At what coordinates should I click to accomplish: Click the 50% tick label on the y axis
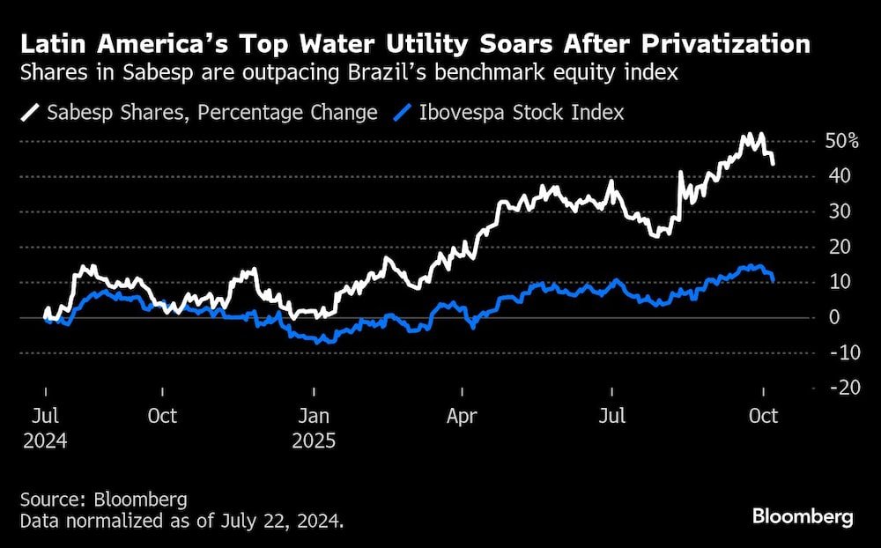click(x=840, y=141)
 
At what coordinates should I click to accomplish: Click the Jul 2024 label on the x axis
click(x=45, y=427)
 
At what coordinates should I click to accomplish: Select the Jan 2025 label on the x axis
click(x=314, y=427)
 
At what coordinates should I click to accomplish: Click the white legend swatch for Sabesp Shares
click(x=32, y=113)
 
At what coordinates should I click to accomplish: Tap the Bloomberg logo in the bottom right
click(x=803, y=517)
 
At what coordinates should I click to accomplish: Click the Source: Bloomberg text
click(x=104, y=500)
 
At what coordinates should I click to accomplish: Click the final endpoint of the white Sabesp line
click(x=773, y=164)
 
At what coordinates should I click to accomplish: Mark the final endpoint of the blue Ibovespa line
click(x=773, y=280)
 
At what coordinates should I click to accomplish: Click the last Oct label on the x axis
click(x=763, y=415)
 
